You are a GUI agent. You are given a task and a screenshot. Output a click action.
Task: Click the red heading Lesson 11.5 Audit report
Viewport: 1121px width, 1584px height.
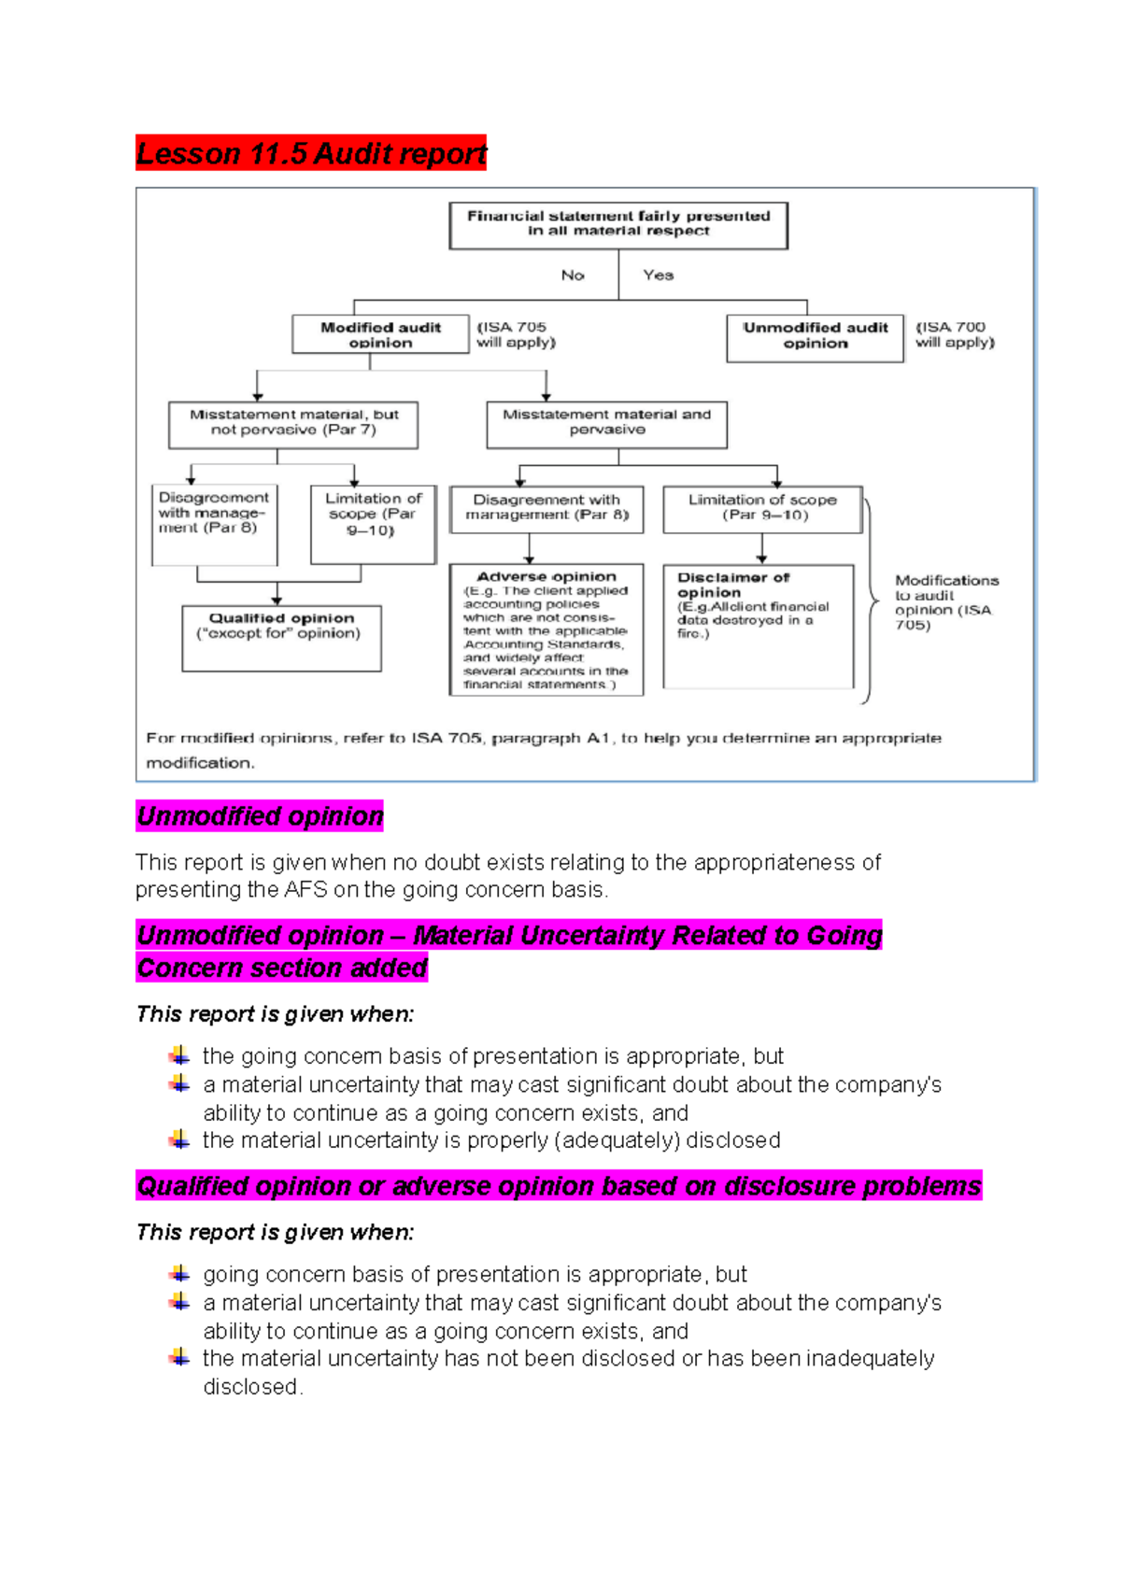311,153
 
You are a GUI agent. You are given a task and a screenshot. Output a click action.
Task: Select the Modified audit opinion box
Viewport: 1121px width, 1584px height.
380,334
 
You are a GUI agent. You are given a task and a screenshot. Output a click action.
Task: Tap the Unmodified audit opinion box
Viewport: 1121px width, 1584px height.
815,337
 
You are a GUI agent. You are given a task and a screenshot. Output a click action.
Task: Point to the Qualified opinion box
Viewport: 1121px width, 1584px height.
281,638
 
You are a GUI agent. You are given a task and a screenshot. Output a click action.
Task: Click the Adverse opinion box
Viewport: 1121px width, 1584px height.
546,629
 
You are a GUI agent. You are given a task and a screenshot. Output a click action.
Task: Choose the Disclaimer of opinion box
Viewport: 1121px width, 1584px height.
758,625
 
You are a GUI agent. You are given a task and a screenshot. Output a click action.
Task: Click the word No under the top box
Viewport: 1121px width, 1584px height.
573,276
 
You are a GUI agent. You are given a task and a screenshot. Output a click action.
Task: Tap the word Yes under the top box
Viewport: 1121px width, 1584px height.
658,276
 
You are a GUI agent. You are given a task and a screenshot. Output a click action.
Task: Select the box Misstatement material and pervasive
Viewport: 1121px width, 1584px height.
606,424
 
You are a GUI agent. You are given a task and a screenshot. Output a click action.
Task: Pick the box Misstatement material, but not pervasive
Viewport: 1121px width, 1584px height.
293,424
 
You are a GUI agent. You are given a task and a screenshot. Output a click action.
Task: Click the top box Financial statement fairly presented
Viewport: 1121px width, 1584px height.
618,225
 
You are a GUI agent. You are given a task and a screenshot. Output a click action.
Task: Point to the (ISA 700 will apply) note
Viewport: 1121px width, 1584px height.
955,334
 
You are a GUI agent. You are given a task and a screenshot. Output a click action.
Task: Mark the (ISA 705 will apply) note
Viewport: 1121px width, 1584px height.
516,334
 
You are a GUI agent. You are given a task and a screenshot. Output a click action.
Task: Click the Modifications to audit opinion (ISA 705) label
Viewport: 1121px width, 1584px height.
944,602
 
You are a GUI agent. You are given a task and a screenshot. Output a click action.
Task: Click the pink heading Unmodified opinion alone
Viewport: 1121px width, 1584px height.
260,816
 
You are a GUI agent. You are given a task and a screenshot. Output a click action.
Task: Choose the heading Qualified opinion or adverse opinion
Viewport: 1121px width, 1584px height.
559,1186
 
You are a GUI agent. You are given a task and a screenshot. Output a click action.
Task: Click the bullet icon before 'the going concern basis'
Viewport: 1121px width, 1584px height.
179,1056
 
